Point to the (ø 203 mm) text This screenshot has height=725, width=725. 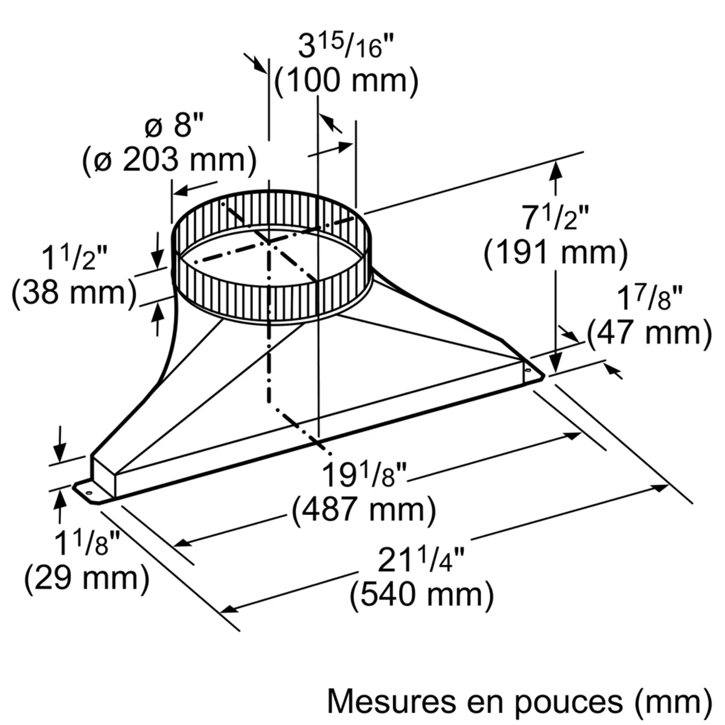point(170,160)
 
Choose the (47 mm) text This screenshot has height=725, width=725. point(649,332)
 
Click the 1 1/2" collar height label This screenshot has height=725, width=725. point(74,258)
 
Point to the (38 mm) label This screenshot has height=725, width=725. point(74,293)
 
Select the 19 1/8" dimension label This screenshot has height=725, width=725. point(364,475)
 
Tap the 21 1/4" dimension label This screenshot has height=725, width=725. point(420,561)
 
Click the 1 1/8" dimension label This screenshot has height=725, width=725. point(87,543)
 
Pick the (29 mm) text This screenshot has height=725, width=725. point(87,577)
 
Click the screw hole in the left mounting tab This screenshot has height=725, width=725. point(89,492)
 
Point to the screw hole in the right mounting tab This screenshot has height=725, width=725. point(528,370)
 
